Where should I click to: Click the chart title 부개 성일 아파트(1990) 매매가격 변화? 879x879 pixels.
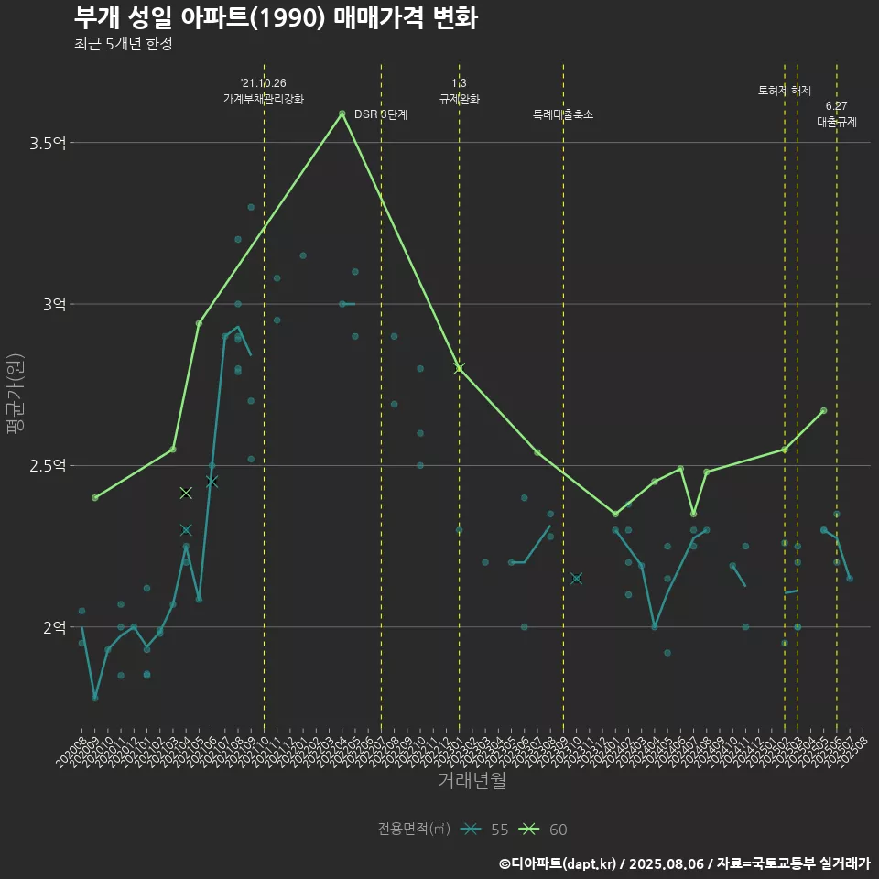pyautogui.click(x=275, y=18)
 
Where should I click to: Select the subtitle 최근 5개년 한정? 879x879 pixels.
pyautogui.click(x=123, y=44)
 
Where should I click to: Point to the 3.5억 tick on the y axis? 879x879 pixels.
pyautogui.click(x=48, y=143)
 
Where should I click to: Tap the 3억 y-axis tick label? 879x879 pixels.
pyautogui.click(x=54, y=304)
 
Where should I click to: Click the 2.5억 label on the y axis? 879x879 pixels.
pyautogui.click(x=48, y=465)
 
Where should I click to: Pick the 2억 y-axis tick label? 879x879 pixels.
pyautogui.click(x=54, y=627)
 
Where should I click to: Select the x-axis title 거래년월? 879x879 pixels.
pyautogui.click(x=472, y=781)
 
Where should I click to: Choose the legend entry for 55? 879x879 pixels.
pyautogui.click(x=485, y=830)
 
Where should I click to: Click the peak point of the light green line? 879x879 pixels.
pyautogui.click(x=342, y=114)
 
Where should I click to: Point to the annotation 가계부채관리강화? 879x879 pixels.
pyautogui.click(x=264, y=99)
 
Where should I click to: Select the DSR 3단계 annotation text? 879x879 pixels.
pyautogui.click(x=380, y=115)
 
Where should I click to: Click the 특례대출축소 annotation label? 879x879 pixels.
pyautogui.click(x=563, y=115)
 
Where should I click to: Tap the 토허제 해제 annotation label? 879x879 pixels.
pyautogui.click(x=785, y=91)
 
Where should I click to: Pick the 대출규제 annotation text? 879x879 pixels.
pyautogui.click(x=837, y=122)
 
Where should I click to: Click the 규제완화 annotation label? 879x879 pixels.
pyautogui.click(x=460, y=99)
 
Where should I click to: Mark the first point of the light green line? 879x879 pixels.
pyautogui.click(x=94, y=497)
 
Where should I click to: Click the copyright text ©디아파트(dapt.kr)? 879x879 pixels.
pyautogui.click(x=559, y=863)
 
